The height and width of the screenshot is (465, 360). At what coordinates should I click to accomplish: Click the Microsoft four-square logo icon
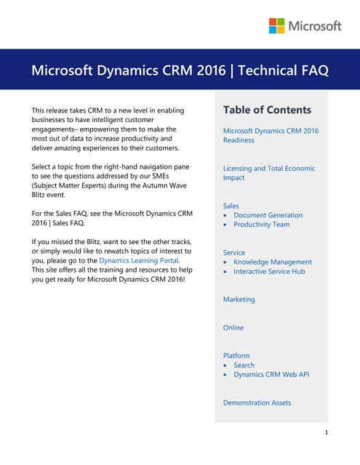(276, 26)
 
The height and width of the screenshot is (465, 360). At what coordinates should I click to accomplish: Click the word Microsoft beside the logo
(315, 26)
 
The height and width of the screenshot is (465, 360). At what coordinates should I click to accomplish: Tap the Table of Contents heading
(267, 110)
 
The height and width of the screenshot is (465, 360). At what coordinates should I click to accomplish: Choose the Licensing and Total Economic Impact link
(268, 173)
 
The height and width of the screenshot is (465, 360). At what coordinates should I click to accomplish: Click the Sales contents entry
(231, 206)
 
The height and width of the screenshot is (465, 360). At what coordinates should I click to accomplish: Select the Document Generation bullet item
(268, 215)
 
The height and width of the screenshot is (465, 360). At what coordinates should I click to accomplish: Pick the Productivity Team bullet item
(261, 225)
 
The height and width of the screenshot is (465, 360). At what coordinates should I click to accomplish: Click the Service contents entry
(234, 252)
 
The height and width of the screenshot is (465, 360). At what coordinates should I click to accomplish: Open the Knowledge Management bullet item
(273, 262)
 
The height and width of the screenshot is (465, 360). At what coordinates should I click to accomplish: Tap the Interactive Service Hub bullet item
(269, 271)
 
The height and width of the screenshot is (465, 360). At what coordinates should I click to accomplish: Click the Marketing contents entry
(239, 299)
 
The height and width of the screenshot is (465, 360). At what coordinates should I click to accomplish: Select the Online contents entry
(233, 328)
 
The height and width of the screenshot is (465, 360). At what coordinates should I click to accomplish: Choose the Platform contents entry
(236, 356)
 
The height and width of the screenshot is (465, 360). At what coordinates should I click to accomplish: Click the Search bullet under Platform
(244, 365)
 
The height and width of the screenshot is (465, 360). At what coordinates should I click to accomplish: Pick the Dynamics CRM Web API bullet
(271, 375)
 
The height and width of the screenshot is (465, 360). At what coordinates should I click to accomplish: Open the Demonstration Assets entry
(256, 403)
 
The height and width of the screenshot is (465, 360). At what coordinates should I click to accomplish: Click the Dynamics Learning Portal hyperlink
(138, 260)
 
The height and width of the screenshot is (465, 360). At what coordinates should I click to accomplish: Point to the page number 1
(327, 433)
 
